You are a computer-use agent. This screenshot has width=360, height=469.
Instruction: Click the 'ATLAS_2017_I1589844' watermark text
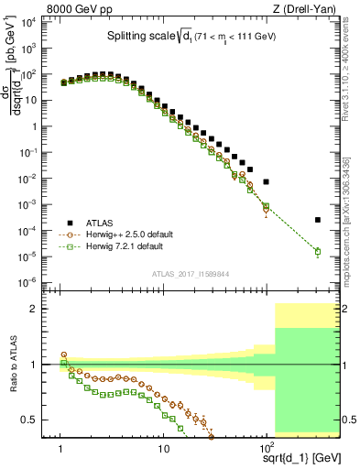(191, 272)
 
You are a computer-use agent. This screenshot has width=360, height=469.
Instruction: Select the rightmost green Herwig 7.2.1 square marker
(318, 251)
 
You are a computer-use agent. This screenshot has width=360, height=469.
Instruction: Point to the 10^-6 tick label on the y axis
(29, 281)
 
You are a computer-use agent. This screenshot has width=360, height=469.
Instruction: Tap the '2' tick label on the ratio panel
(38, 309)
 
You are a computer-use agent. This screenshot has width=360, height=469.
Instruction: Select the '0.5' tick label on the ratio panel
(34, 420)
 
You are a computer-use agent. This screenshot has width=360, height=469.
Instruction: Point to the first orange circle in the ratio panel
(63, 354)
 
